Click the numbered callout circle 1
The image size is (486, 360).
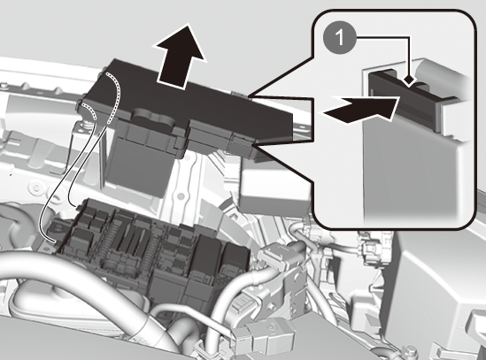click(340, 38)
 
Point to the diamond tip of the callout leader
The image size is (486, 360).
click(410, 80)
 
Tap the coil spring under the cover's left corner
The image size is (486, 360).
click(88, 126)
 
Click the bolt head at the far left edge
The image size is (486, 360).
click(3, 84)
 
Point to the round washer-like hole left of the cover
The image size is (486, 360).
click(37, 188)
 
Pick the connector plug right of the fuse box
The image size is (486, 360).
click(277, 257)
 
